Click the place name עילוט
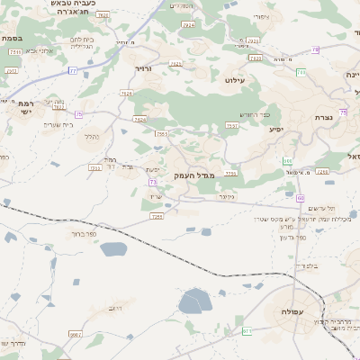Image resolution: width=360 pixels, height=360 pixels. pyautogui.click(x=259, y=81)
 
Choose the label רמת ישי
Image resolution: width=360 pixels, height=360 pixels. pyautogui.click(x=25, y=108)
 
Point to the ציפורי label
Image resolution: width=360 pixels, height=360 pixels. pyautogui.click(x=262, y=16)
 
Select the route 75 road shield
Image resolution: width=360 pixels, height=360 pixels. pyautogui.click(x=78, y=114)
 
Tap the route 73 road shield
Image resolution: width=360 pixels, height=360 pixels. pyautogui.click(x=153, y=183)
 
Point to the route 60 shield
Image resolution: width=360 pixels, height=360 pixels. pyautogui.click(x=301, y=197)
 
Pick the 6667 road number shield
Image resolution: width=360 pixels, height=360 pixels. pyautogui.click(x=75, y=334)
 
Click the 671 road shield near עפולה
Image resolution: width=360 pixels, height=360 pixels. pyautogui.click(x=247, y=331)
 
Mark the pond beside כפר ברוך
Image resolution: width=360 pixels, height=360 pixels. pyautogui.click(x=113, y=249)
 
